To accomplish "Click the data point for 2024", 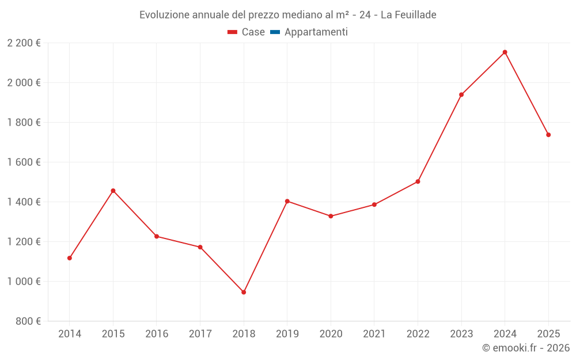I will coord(505,52).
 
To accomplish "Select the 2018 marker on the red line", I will coord(244,292).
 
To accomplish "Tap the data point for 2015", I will coord(113,191).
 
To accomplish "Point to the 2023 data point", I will coord(461,94).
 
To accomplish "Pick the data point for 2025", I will coord(548,135).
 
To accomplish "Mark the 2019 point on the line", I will coord(287,201).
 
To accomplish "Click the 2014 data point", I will coord(70,258).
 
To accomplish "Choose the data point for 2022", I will coord(418,181).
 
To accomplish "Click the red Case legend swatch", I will coord(233,32).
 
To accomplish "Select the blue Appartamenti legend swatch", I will coord(275,32).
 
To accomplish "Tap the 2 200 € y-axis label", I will coord(24,43).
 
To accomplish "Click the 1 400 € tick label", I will coord(24,202).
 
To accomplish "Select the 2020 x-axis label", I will coord(331,334).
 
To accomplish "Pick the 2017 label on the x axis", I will coord(200,334).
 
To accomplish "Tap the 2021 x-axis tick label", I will coord(374,334).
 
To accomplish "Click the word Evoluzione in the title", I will coord(164,14).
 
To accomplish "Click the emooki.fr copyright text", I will coord(526,348).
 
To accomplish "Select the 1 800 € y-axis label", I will coord(24,123).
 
